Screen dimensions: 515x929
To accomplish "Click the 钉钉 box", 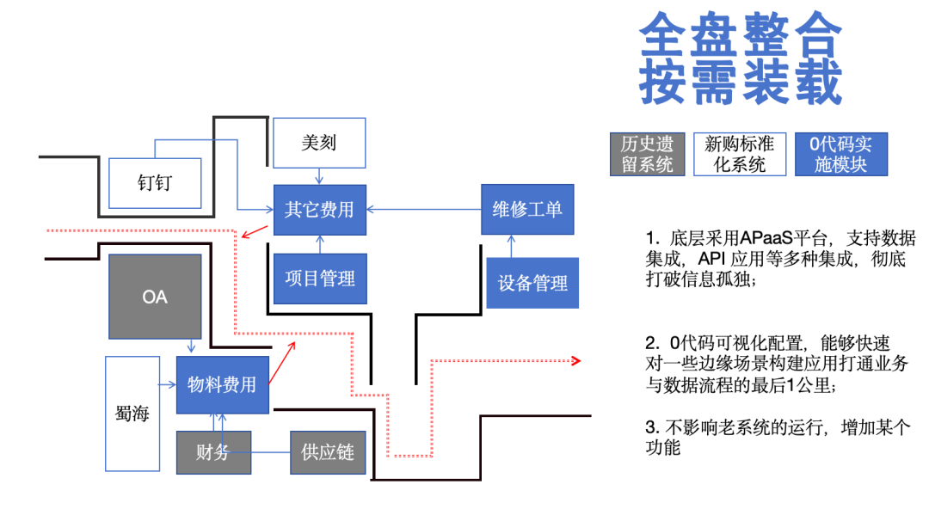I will click(156, 183).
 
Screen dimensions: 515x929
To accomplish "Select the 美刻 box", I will click(319, 143).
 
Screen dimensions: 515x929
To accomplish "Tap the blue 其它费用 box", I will click(319, 210).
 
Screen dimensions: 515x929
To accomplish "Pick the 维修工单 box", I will click(527, 210).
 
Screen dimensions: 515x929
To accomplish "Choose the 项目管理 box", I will click(319, 278).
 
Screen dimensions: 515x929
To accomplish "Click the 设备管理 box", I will click(532, 283).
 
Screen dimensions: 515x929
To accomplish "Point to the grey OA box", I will click(155, 297).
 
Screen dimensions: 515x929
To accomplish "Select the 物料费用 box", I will click(222, 385).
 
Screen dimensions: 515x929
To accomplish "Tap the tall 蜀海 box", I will click(132, 414).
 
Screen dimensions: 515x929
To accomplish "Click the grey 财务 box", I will click(213, 452).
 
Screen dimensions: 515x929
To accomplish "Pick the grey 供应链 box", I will click(328, 452).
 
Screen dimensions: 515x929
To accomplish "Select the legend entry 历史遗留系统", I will click(648, 154).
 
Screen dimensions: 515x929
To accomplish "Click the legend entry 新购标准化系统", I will click(740, 154).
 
